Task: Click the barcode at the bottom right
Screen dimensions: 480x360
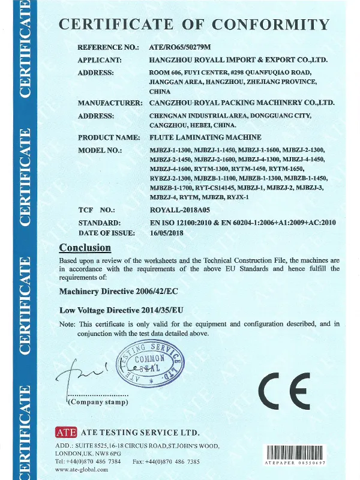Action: click(x=295, y=452)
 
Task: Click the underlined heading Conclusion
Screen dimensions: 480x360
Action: click(x=85, y=248)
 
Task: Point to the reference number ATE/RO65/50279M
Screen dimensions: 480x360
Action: click(x=178, y=47)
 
